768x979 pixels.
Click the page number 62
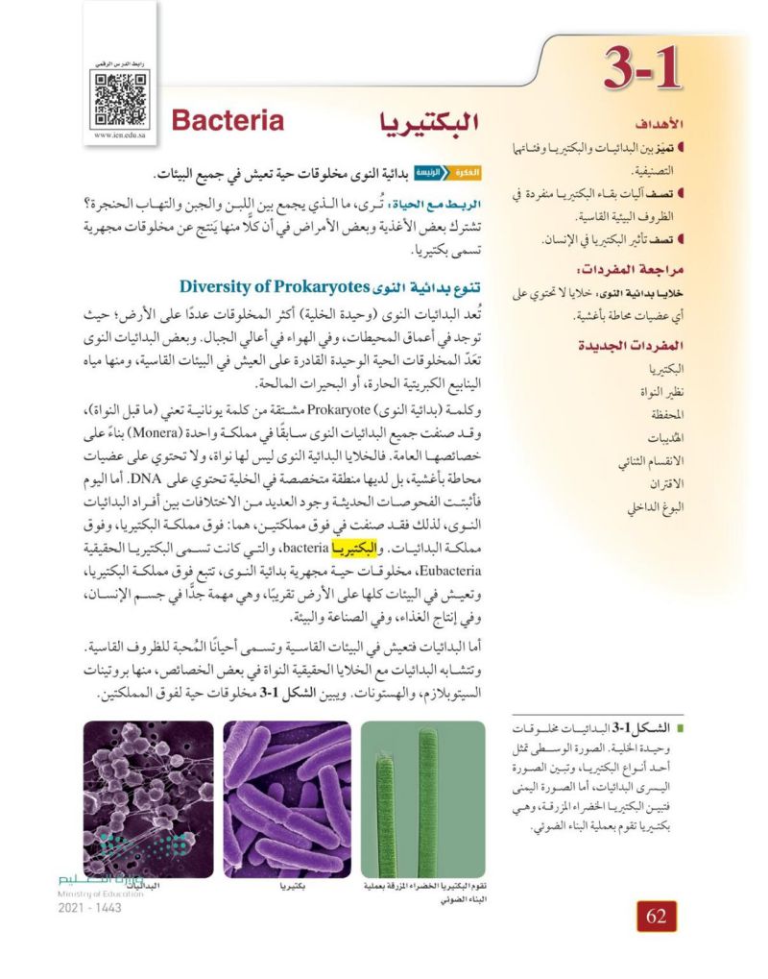[x=657, y=916]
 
